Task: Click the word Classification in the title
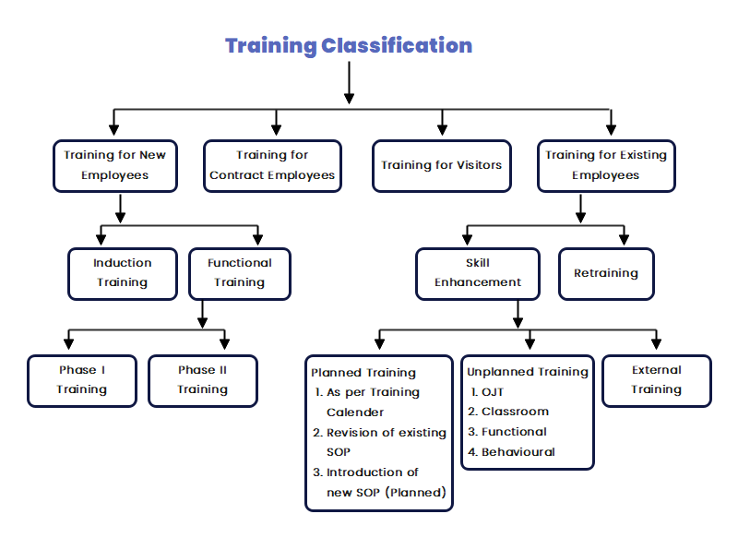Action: (x=397, y=45)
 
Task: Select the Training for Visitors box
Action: (x=442, y=166)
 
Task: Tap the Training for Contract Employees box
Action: (x=272, y=166)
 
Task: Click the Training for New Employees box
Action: (x=115, y=166)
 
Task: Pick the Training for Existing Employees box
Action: (x=606, y=166)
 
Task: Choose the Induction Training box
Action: (x=123, y=274)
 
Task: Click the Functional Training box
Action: (x=240, y=274)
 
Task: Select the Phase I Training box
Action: (x=82, y=381)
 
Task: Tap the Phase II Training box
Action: (x=203, y=381)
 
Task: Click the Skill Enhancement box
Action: (x=478, y=274)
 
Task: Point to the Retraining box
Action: (x=606, y=274)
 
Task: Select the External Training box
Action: (x=657, y=381)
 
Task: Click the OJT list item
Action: (x=487, y=392)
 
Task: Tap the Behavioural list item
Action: (x=511, y=452)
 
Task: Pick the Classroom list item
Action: (x=508, y=412)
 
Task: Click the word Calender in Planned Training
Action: (x=355, y=412)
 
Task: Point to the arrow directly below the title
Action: (x=349, y=83)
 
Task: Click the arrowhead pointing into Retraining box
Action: (x=625, y=240)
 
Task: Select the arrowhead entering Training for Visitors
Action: (x=442, y=130)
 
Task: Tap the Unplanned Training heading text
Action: (x=528, y=372)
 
